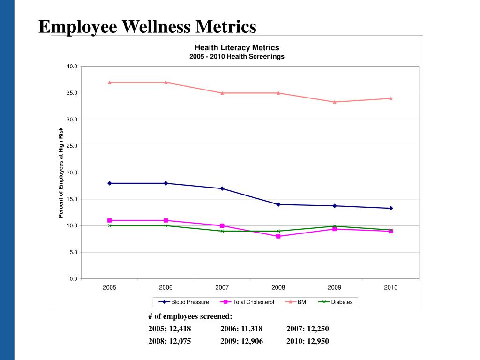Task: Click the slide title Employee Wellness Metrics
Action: pyautogui.click(x=147, y=26)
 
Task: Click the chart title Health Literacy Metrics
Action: pyautogui.click(x=237, y=47)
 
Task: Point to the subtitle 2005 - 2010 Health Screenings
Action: pyautogui.click(x=237, y=56)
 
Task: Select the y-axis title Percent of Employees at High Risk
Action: pyautogui.click(x=60, y=172)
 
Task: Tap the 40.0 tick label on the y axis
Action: pyautogui.click(x=72, y=67)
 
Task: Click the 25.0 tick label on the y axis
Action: pyautogui.click(x=72, y=146)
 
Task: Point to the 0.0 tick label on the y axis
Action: pyautogui.click(x=73, y=279)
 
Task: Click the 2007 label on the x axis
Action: pyautogui.click(x=222, y=288)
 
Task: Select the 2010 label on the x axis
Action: pyautogui.click(x=390, y=288)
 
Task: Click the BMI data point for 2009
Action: pyautogui.click(x=334, y=102)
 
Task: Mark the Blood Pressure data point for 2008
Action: pyautogui.click(x=278, y=204)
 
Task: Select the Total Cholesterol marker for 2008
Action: pyautogui.click(x=278, y=236)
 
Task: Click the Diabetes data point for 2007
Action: pyautogui.click(x=222, y=231)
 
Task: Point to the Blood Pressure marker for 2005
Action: pyautogui.click(x=109, y=183)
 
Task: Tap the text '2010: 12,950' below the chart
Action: pyautogui.click(x=308, y=341)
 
